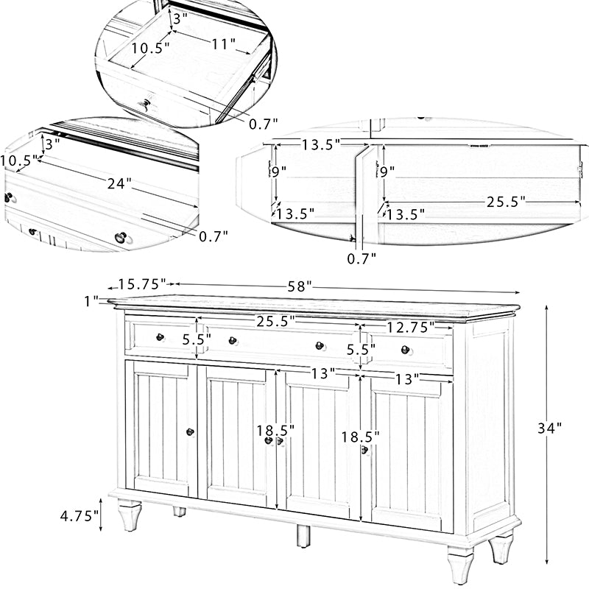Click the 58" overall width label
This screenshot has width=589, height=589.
pos(300,285)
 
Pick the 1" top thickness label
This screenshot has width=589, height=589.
pos(91,300)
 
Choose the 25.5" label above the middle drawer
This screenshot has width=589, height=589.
pos(275,320)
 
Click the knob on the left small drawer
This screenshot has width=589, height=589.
pos(160,337)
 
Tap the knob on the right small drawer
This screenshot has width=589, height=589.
pos(404,350)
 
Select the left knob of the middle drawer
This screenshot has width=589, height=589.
pos(232,341)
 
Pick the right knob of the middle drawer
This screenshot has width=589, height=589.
pos(320,345)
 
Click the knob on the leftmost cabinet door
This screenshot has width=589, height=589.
pos(190,432)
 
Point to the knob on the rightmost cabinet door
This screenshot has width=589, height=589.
pos(364,450)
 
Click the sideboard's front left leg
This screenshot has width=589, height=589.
pos(130,515)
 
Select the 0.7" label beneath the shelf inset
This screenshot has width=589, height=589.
pos(361,258)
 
